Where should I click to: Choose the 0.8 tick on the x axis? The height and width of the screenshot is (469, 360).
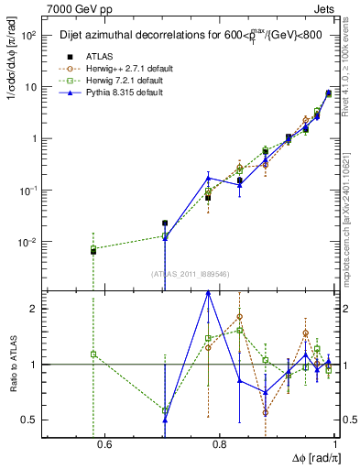219,445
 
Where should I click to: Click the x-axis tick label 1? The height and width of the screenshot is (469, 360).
333,445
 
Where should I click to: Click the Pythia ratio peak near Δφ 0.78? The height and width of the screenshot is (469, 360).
208,292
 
